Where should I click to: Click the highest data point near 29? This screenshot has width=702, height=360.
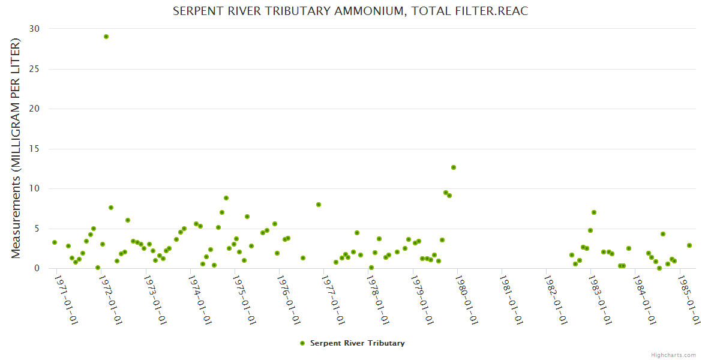[106, 37]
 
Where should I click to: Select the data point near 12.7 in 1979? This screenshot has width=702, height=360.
[454, 167]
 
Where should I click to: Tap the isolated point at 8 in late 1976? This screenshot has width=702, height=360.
[319, 205]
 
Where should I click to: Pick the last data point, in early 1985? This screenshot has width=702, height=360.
[689, 245]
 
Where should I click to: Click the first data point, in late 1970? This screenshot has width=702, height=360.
[55, 242]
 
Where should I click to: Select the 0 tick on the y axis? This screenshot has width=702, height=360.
[37, 269]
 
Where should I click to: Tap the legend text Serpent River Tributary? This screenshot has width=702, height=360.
[357, 343]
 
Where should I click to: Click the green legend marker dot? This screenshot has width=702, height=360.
[302, 343]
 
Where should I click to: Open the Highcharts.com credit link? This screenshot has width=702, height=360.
[674, 355]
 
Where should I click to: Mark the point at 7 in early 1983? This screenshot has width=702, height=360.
[594, 212]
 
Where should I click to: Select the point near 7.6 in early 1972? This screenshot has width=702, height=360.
[111, 208]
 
